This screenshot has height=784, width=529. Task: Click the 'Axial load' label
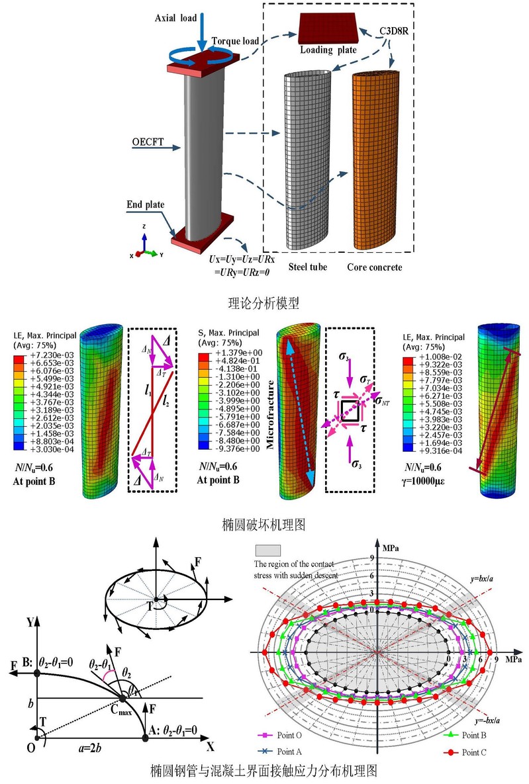click(x=175, y=18)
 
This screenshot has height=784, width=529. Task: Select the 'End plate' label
click(x=145, y=204)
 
